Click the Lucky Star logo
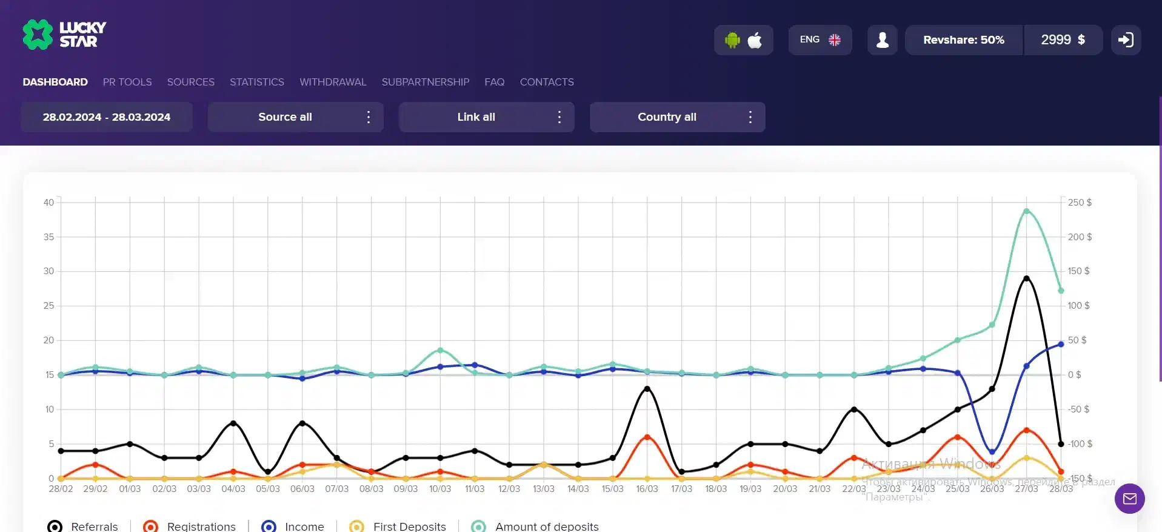(x=64, y=35)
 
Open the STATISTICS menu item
(x=256, y=82)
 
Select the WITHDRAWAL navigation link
(x=333, y=82)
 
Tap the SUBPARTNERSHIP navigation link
(x=425, y=82)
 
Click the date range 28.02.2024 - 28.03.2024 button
(x=107, y=117)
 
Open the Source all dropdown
(x=295, y=117)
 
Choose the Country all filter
(x=677, y=117)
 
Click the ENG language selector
(x=820, y=40)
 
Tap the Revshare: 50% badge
(x=963, y=40)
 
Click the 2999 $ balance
(x=1063, y=40)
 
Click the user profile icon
(x=883, y=40)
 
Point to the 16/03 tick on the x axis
(x=647, y=489)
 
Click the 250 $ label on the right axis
(x=1080, y=203)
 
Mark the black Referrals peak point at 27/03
(x=1026, y=278)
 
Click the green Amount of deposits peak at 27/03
(x=1026, y=211)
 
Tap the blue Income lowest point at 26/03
(x=992, y=452)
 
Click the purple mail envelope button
(x=1129, y=499)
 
